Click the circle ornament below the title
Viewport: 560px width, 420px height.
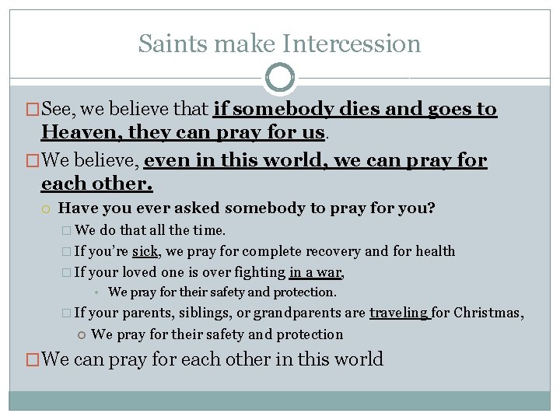280,78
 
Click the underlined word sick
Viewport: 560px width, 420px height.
145,251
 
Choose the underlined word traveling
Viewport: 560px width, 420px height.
398,313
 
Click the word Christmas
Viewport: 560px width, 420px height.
488,313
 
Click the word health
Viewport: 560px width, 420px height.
436,251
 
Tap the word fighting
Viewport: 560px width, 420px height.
261,272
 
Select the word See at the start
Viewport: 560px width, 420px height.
58,110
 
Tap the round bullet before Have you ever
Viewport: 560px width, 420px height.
47,209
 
